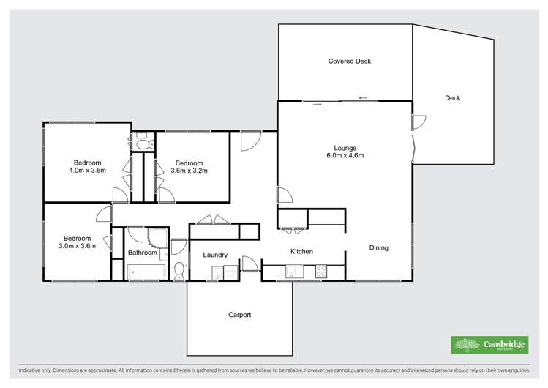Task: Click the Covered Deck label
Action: (349, 61)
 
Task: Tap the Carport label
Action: (239, 315)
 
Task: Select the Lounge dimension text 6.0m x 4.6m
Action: (345, 156)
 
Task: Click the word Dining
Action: (378, 248)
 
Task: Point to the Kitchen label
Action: (301, 252)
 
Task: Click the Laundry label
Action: (215, 255)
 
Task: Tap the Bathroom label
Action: (143, 253)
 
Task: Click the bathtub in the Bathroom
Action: (143, 272)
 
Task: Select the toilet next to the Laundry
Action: (179, 270)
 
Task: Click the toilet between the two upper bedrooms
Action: (143, 144)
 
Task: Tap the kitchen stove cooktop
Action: (320, 272)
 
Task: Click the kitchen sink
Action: (291, 272)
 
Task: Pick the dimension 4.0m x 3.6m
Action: (87, 171)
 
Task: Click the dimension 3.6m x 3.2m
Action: (189, 171)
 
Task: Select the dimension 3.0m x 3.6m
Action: (77, 247)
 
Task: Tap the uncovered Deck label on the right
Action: (452, 98)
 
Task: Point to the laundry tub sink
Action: (217, 273)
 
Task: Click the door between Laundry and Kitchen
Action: (249, 264)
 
